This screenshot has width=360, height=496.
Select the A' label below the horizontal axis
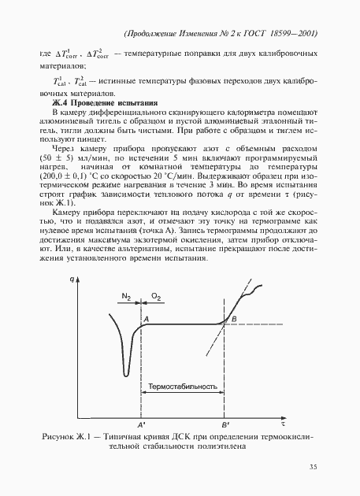coord(142,424)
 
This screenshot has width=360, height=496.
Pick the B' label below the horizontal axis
coord(225,424)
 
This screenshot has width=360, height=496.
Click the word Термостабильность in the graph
coord(183,387)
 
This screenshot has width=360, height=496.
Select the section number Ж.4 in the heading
coord(59,103)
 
